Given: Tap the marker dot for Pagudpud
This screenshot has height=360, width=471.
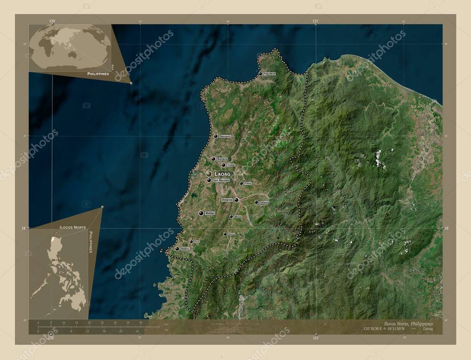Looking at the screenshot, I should (x=260, y=74).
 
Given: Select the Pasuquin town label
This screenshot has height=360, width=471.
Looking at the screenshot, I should (x=225, y=136).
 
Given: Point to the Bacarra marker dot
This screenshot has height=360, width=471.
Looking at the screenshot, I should (x=213, y=159).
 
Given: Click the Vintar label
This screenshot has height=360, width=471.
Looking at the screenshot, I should (x=231, y=165).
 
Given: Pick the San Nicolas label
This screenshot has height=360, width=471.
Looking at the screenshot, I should (x=221, y=180).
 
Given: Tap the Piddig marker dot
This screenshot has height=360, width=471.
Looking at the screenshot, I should (x=241, y=183).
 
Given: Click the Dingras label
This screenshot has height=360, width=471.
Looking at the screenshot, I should (x=227, y=200).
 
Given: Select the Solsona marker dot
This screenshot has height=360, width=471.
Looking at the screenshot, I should (x=256, y=202).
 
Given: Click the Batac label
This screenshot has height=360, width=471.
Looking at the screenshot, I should (x=210, y=213).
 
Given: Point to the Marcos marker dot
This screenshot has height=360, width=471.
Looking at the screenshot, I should (x=231, y=216).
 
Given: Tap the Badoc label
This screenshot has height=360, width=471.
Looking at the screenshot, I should (x=185, y=249).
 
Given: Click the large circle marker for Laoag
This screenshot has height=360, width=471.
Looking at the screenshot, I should (x=209, y=174).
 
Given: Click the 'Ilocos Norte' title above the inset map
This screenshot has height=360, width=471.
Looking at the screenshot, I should (x=73, y=227).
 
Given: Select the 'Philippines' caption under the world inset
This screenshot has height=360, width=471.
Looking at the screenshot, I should (x=98, y=74).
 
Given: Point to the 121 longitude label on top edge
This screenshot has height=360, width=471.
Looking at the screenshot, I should (x=316, y=21).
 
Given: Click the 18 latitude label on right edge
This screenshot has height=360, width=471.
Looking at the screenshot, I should (x=446, y=228).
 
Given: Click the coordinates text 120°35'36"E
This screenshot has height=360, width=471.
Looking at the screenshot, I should (x=371, y=329).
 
